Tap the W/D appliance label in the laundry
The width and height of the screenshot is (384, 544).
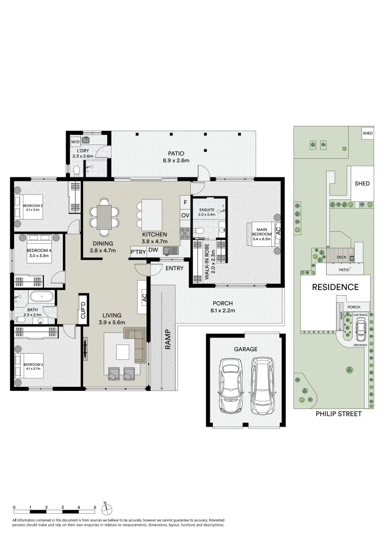(75, 141)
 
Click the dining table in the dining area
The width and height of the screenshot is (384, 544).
(104, 217)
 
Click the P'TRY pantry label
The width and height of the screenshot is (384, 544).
(138, 252)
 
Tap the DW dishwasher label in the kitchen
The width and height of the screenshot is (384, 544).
(153, 250)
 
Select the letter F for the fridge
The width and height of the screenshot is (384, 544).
(185, 202)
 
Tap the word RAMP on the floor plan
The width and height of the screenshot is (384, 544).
(168, 339)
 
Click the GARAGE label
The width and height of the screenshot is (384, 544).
(245, 349)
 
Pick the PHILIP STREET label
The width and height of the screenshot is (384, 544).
(338, 414)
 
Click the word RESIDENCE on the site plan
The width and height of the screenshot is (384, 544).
(335, 287)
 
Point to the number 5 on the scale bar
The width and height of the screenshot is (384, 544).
(95, 507)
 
